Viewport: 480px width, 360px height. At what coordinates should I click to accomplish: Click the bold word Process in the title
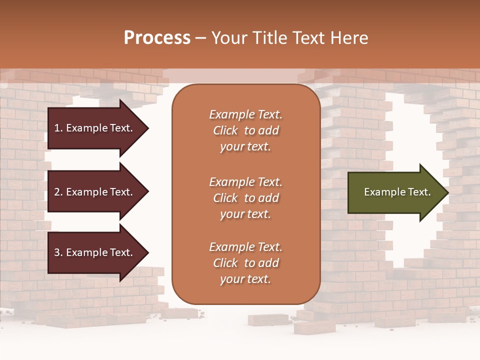click(157, 38)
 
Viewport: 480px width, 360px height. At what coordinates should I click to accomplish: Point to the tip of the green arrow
click(447, 192)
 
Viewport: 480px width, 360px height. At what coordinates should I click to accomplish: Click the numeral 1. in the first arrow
click(58, 128)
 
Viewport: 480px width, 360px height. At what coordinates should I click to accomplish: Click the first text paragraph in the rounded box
click(245, 130)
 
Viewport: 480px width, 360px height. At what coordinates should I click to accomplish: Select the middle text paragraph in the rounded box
click(245, 198)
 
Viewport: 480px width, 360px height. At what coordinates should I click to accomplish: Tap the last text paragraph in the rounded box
click(245, 263)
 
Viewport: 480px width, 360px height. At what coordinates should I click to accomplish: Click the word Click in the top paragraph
click(225, 130)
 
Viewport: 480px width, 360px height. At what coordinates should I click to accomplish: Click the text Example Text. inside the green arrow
click(397, 192)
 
